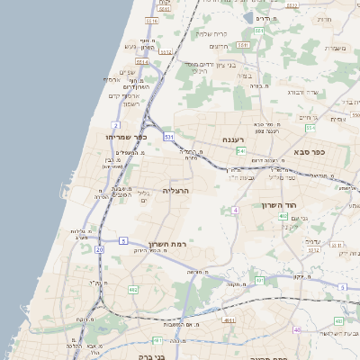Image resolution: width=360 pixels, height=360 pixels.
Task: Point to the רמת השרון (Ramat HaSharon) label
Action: tap(165, 244)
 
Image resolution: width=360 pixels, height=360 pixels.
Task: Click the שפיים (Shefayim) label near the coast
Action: tap(127, 73)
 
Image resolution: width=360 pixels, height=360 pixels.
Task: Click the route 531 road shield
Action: tap(168, 137)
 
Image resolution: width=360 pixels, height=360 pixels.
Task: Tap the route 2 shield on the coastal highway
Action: tap(116, 124)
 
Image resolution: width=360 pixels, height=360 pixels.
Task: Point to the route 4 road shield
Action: tap(235, 209)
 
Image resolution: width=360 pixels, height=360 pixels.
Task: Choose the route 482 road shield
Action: tap(133, 290)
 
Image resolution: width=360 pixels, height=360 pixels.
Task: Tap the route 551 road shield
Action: tap(257, 31)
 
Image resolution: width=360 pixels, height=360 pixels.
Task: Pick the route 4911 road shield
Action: tap(229, 319)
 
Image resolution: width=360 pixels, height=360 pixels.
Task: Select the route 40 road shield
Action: tap(298, 329)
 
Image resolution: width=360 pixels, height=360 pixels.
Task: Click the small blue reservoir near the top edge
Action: tap(249, 17)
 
